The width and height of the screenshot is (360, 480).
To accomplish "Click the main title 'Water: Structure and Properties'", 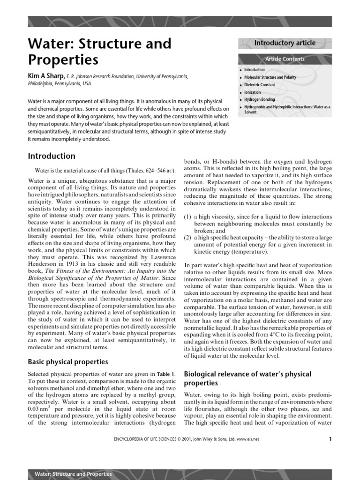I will (x=99, y=52).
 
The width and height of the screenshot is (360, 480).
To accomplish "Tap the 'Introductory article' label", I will (x=285, y=43).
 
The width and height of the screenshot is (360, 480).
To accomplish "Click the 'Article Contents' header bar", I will (x=285, y=59).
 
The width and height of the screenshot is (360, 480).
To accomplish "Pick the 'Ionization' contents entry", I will (x=253, y=92).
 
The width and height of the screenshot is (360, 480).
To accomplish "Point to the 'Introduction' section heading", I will (x=52, y=156).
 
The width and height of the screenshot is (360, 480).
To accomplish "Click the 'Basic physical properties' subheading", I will (x=68, y=362).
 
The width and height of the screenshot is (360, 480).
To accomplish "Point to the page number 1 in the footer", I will (x=330, y=439).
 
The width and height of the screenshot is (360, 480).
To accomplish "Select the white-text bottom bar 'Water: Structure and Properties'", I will (x=74, y=474).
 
